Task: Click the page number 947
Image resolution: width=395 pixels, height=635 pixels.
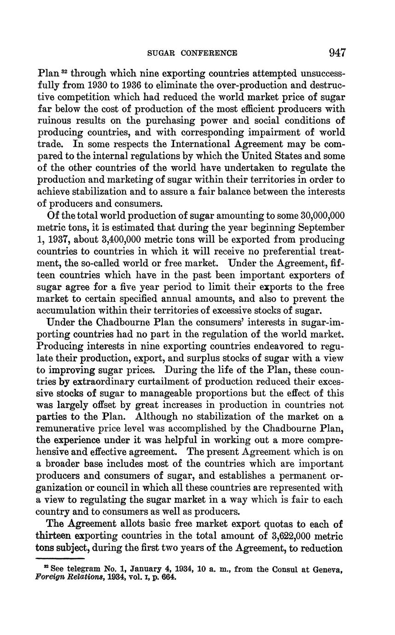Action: click(x=337, y=52)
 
